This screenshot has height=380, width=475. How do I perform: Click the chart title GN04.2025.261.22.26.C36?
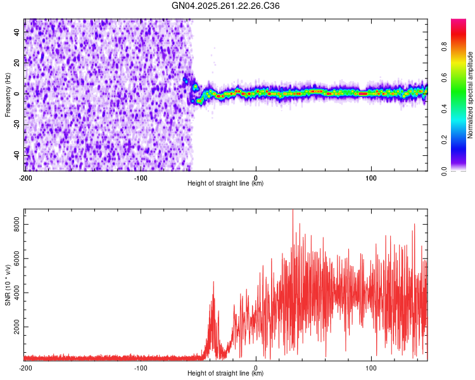tap(226, 6)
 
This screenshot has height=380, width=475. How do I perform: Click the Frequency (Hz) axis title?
tap(8, 95)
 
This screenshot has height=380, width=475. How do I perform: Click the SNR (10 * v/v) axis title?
tap(8, 284)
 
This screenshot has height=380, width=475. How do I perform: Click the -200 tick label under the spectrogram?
tap(25, 177)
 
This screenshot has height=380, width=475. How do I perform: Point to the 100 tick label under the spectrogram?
tap(371, 177)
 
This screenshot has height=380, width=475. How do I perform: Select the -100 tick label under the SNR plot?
tap(141, 367)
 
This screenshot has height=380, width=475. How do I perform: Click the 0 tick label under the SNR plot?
tap(256, 367)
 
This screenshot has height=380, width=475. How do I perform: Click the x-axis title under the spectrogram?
tap(225, 184)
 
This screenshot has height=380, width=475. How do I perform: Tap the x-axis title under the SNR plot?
tap(225, 374)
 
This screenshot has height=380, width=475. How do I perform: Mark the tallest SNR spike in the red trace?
tap(293, 210)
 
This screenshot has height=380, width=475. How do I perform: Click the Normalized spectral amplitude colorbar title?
tap(471, 95)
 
